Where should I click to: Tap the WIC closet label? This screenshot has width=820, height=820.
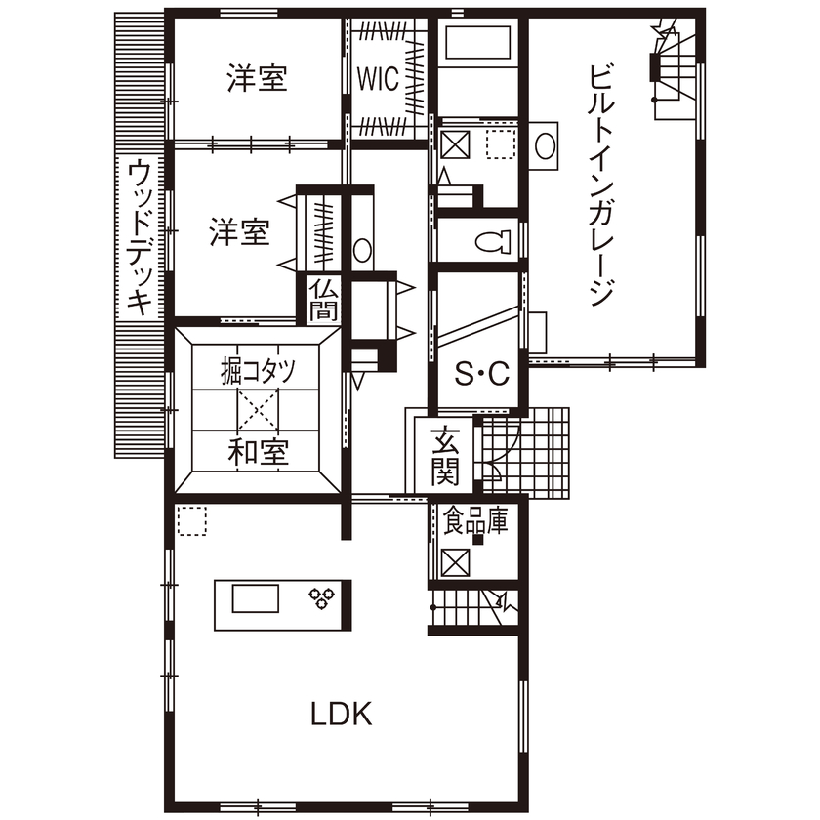377,78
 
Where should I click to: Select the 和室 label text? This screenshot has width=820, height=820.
258,453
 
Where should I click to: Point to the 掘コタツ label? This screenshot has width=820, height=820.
258,371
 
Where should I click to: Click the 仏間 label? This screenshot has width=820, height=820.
323,300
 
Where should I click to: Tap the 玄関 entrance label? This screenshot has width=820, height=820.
444,457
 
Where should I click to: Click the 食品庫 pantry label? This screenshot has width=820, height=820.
475,521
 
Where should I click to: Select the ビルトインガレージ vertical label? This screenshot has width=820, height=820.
602,185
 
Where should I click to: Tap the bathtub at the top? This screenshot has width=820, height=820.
477,44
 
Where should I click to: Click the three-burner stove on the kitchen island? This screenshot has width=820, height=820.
321,596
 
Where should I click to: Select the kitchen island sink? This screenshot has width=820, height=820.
255,596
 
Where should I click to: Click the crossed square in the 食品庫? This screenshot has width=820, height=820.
454,562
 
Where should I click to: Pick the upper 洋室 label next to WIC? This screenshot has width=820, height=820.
258,78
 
